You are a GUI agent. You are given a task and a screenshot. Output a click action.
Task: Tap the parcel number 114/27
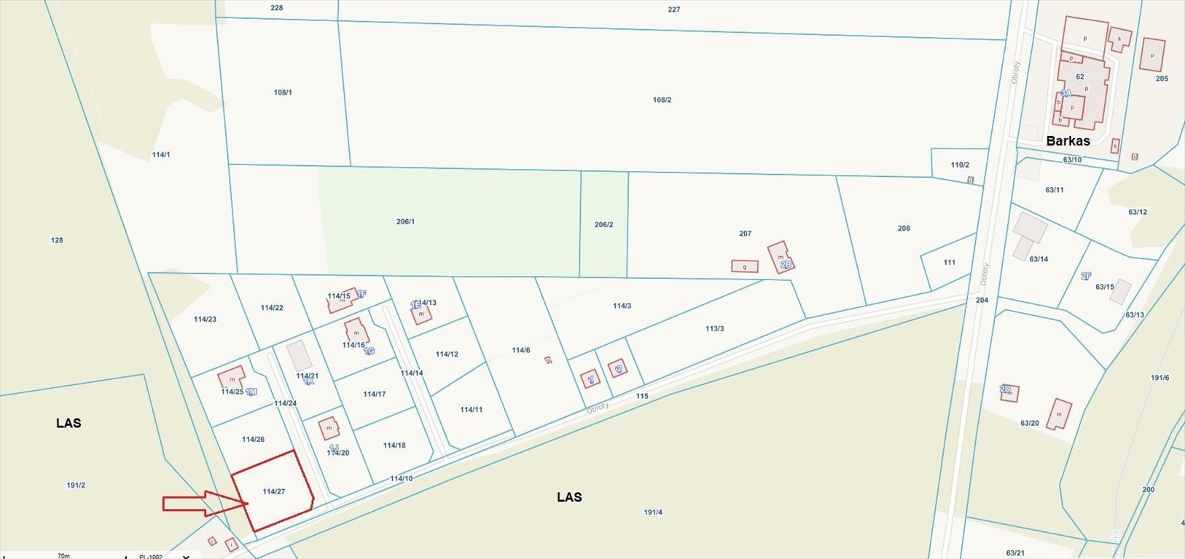coord(273,492)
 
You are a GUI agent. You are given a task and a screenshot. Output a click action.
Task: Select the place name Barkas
coord(1068,141)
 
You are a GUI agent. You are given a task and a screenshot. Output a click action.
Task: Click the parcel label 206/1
coord(405,221)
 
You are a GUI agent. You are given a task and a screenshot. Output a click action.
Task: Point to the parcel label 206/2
coord(603,225)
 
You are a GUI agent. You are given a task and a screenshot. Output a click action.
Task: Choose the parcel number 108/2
coord(662,100)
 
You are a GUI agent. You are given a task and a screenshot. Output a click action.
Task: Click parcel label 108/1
coord(283,92)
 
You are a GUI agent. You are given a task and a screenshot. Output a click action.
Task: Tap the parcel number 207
coord(745,234)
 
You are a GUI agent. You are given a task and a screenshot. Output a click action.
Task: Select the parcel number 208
coord(904,229)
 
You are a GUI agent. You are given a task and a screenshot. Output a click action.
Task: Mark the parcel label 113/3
coord(714,329)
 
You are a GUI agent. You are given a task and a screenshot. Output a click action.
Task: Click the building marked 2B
coord(780,257)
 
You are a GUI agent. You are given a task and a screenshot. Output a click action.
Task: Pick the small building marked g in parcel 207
coord(744,266)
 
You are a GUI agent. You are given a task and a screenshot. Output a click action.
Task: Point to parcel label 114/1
coord(160,155)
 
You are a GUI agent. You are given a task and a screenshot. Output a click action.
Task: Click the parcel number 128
coord(57,240)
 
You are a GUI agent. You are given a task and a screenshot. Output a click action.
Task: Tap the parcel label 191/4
coord(653,512)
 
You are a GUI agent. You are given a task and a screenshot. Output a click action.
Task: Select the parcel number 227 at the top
coord(673,9)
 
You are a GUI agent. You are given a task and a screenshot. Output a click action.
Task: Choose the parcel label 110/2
coord(960,165)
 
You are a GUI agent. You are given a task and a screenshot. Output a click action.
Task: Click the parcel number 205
coord(1162,79)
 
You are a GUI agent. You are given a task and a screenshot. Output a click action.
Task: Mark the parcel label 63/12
coord(1138,213)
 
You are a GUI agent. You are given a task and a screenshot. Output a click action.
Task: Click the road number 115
coord(641,397)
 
